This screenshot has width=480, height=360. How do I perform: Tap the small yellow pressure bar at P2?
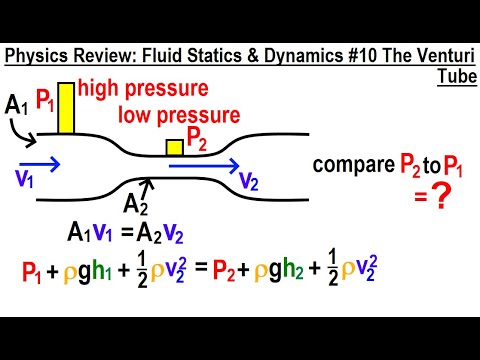click(174, 148)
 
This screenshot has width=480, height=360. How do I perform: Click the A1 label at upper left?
click(16, 104)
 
